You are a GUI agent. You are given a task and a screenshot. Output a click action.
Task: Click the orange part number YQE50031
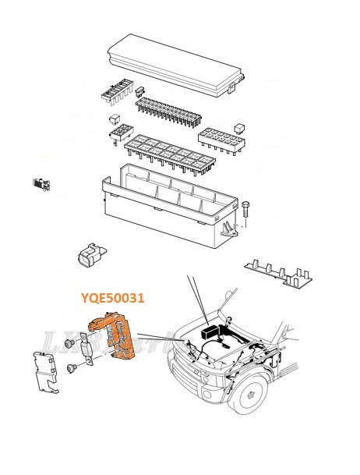pyautogui.click(x=114, y=297)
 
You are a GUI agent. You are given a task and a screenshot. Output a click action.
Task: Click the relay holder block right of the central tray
pyautogui.click(x=222, y=141)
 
